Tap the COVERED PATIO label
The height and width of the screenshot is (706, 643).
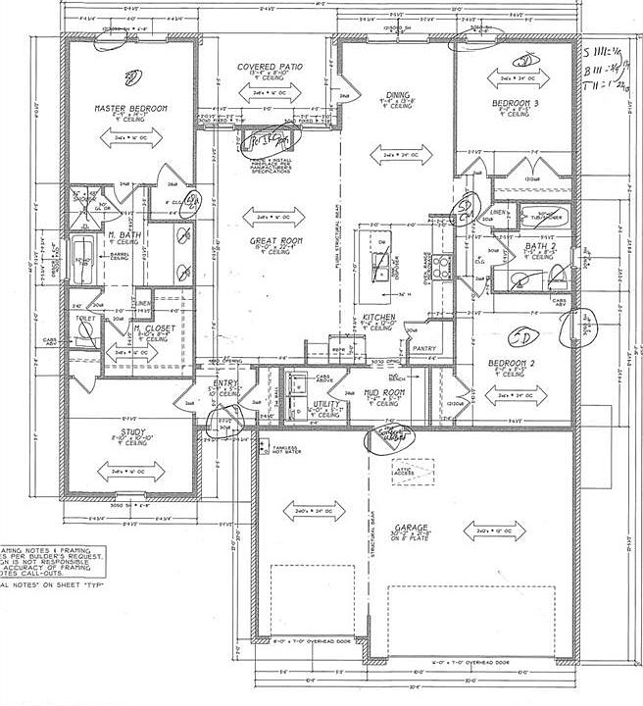click(271, 67)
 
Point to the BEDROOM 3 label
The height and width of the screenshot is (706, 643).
click(516, 103)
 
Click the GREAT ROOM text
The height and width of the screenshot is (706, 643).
click(276, 241)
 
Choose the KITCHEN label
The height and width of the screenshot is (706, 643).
click(379, 319)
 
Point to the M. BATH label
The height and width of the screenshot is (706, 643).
click(121, 236)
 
